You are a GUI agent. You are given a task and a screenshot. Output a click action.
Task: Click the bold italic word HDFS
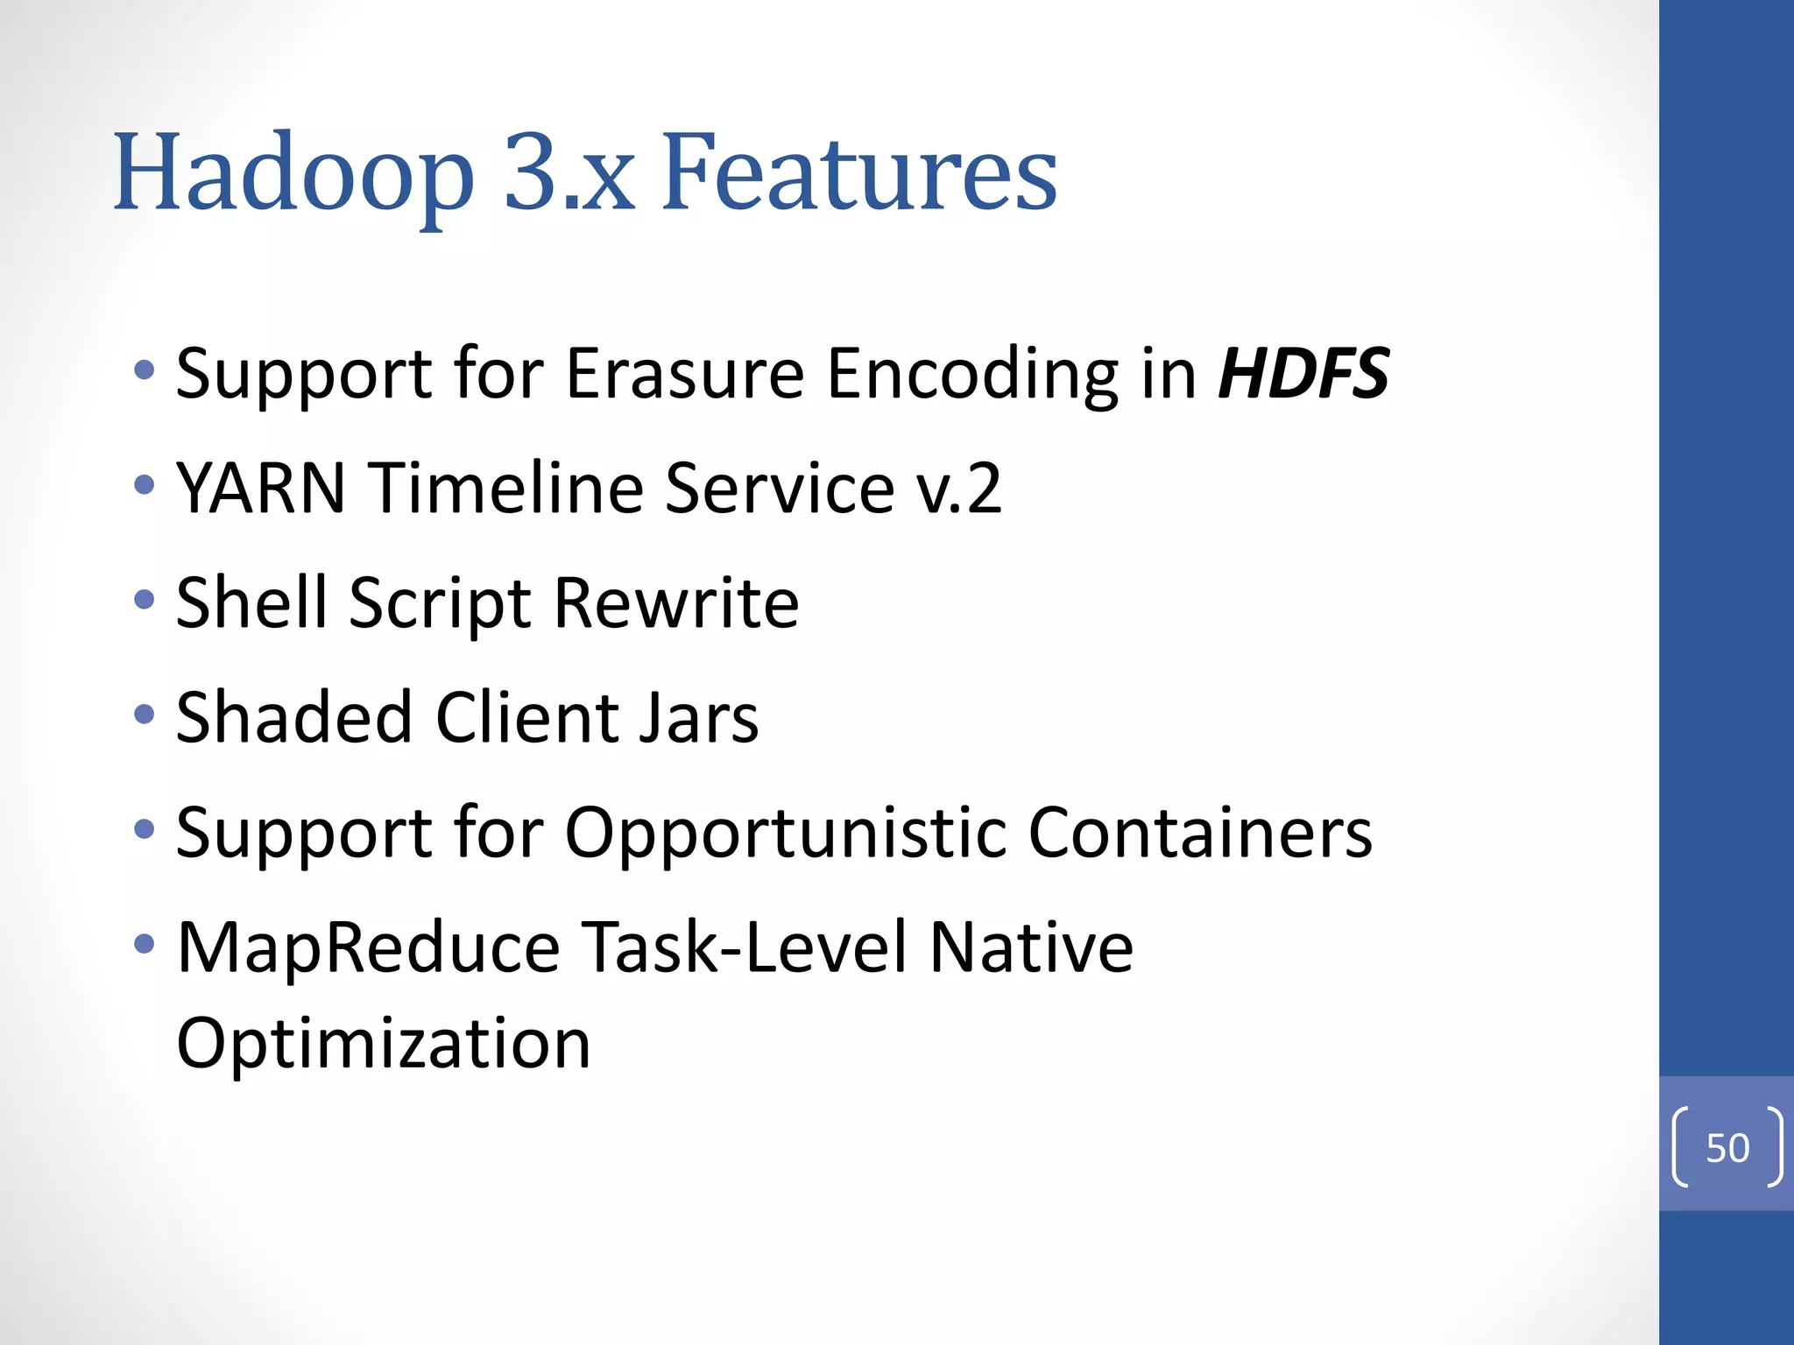[x=1303, y=374]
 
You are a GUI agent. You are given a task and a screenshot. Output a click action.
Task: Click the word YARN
[x=261, y=488]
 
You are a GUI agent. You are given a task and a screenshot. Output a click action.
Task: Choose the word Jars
[x=697, y=717]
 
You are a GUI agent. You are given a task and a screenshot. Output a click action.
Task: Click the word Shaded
[x=294, y=717]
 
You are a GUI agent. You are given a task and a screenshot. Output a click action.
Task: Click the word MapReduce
[x=368, y=947]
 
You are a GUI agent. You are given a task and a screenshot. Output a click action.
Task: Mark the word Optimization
[x=384, y=1044]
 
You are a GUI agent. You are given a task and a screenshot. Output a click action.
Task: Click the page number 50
[x=1727, y=1147]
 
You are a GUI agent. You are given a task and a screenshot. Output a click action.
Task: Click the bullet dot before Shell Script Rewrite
[x=145, y=600]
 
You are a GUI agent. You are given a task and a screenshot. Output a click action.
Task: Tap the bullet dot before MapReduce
[x=145, y=944]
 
